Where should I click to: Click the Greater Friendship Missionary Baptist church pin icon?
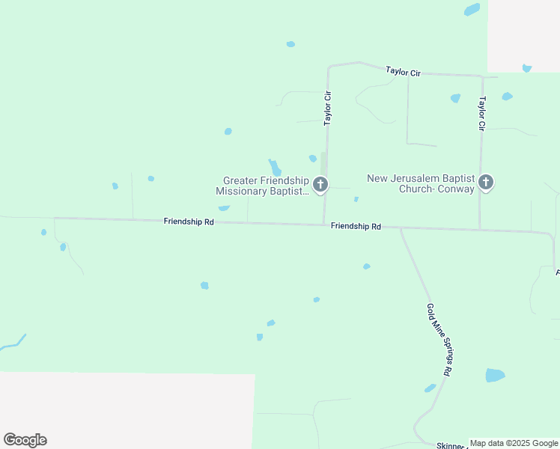320,183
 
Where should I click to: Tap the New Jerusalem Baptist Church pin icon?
486,181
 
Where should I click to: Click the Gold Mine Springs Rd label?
439,339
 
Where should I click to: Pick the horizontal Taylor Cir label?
404,71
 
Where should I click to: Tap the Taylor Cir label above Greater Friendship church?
327,109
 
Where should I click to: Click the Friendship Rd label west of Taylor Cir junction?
189,222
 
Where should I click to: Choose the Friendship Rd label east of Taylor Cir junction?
356,226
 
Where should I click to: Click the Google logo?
25,440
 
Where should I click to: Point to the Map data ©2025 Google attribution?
514,443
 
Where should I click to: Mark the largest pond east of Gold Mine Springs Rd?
495,375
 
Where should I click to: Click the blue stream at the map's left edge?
13,343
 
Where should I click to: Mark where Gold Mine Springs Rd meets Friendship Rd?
401,227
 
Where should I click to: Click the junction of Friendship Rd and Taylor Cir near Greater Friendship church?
323,224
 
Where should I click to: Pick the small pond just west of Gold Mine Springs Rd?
430,388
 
